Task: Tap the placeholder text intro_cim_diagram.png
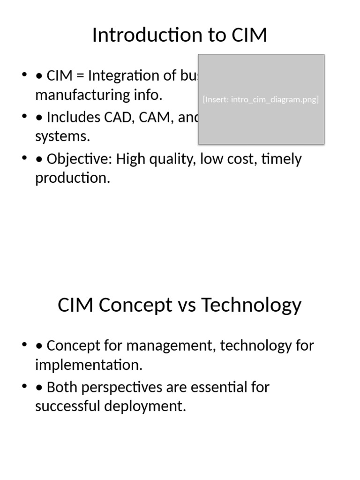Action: pyautogui.click(x=275, y=99)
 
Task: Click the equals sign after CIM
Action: pyautogui.click(x=80, y=75)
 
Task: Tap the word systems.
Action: pyautogui.click(x=62, y=137)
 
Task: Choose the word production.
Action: pyautogui.click(x=73, y=179)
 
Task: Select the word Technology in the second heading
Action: pyautogui.click(x=251, y=305)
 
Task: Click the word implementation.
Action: pyautogui.click(x=89, y=365)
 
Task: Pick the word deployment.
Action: pyautogui.click(x=145, y=406)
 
